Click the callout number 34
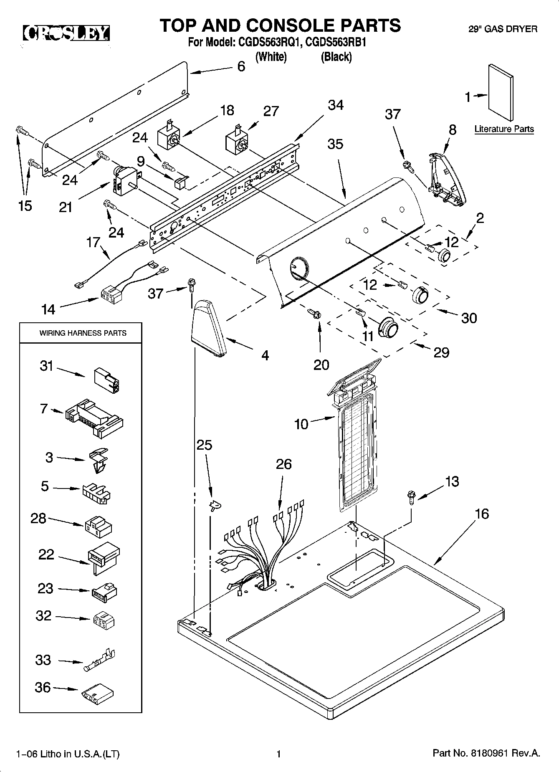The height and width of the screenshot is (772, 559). coord(335,105)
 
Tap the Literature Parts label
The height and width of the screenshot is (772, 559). coord(504,129)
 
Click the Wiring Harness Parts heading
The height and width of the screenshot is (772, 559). coord(83,333)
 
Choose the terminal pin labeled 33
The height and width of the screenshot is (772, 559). coord(101,660)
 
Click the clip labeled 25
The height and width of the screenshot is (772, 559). coord(215,506)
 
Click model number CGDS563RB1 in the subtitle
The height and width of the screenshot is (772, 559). coord(336,43)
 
